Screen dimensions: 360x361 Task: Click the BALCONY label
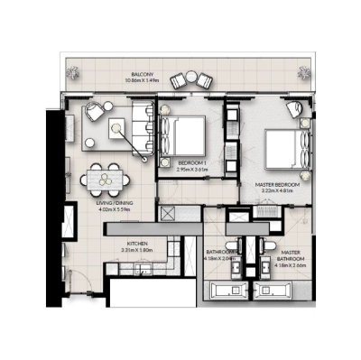(141, 75)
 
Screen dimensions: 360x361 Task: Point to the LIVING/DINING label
(116, 204)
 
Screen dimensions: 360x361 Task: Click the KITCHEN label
(137, 244)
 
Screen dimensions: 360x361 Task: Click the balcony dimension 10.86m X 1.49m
(141, 81)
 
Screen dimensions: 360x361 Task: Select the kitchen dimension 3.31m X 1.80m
(137, 251)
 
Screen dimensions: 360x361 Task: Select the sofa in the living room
(142, 127)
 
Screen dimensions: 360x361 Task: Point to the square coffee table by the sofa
(116, 128)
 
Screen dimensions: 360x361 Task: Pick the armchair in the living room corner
(93, 115)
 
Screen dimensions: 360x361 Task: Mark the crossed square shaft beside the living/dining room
(167, 214)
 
